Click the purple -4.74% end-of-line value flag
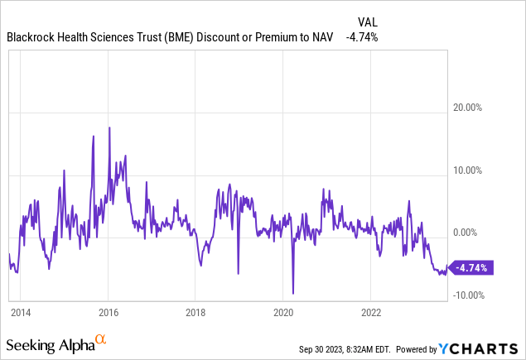[x=471, y=267]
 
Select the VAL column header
[x=366, y=22]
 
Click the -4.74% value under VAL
[x=363, y=37]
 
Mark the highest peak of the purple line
[x=109, y=127]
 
